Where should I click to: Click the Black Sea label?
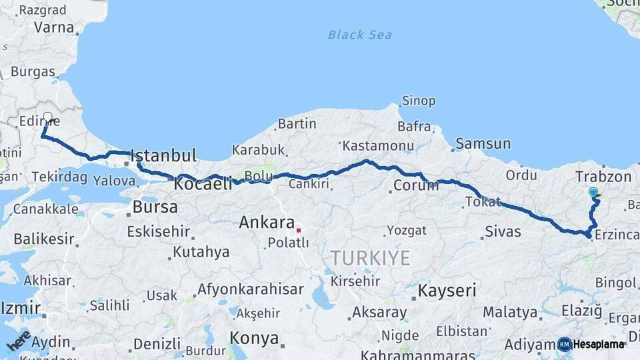[x=360, y=35]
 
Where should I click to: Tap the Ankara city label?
[x=267, y=222]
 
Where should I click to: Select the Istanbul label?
[x=163, y=157]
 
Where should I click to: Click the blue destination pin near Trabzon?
[x=593, y=193]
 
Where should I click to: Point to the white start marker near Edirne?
[x=47, y=117]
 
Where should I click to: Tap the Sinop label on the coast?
[x=419, y=101]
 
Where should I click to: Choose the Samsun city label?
[x=483, y=143]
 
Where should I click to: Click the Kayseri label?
[x=447, y=291]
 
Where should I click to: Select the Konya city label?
[x=254, y=338]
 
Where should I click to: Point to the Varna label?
[x=53, y=28]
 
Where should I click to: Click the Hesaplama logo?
[x=592, y=344]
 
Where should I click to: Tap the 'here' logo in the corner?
[x=18, y=340]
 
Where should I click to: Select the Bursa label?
[x=155, y=207]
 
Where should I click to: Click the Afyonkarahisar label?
[x=250, y=290]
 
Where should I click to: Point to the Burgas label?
[x=33, y=71]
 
